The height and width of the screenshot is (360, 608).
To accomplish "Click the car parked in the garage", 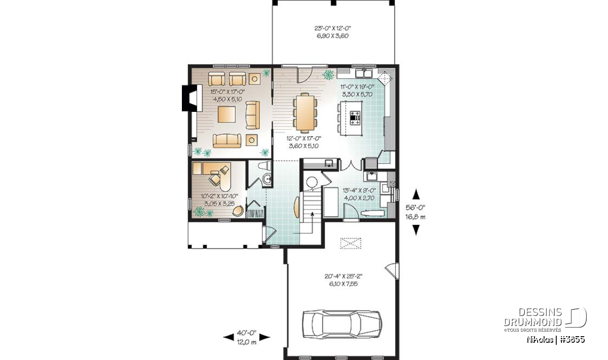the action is pos(343,324).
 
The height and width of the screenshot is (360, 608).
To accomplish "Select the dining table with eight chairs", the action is pos(305,112).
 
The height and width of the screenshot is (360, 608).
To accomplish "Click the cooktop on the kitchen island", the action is pos(355,118).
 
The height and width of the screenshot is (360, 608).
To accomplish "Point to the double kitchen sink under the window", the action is pos(364,73).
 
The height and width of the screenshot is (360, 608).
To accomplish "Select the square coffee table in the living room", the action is pos(226,114).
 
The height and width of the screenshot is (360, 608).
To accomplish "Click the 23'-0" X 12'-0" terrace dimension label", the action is pos(333,28).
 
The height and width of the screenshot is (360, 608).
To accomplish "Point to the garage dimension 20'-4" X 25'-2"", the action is pos(344,276).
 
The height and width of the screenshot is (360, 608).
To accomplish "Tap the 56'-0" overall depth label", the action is pos(415,208).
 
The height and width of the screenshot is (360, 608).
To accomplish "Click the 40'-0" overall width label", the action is pos(246,333).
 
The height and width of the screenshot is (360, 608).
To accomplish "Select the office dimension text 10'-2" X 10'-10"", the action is pos(219,196).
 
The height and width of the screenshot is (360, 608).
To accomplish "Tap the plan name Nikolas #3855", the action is pos(556,340).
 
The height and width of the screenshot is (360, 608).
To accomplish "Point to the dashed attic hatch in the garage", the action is pos(351,243).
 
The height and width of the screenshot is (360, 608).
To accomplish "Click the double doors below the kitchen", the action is pos(351,165).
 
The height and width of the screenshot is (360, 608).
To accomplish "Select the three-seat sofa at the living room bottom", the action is pos(227,141).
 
